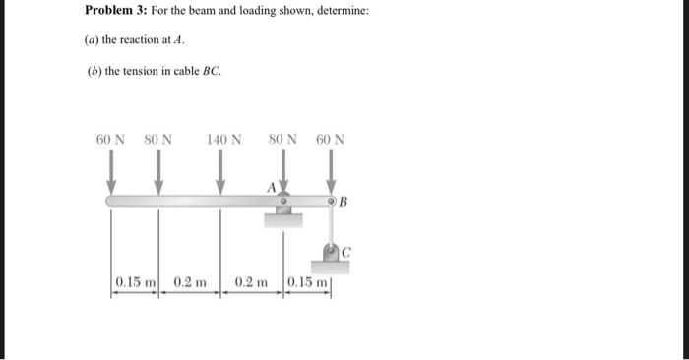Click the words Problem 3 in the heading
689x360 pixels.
pos(116,11)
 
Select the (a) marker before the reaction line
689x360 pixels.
pos(94,40)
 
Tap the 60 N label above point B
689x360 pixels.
pos(331,139)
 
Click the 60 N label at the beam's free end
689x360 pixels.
pos(110,139)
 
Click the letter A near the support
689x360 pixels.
pos(271,186)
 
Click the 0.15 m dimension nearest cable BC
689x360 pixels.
pos(306,282)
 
